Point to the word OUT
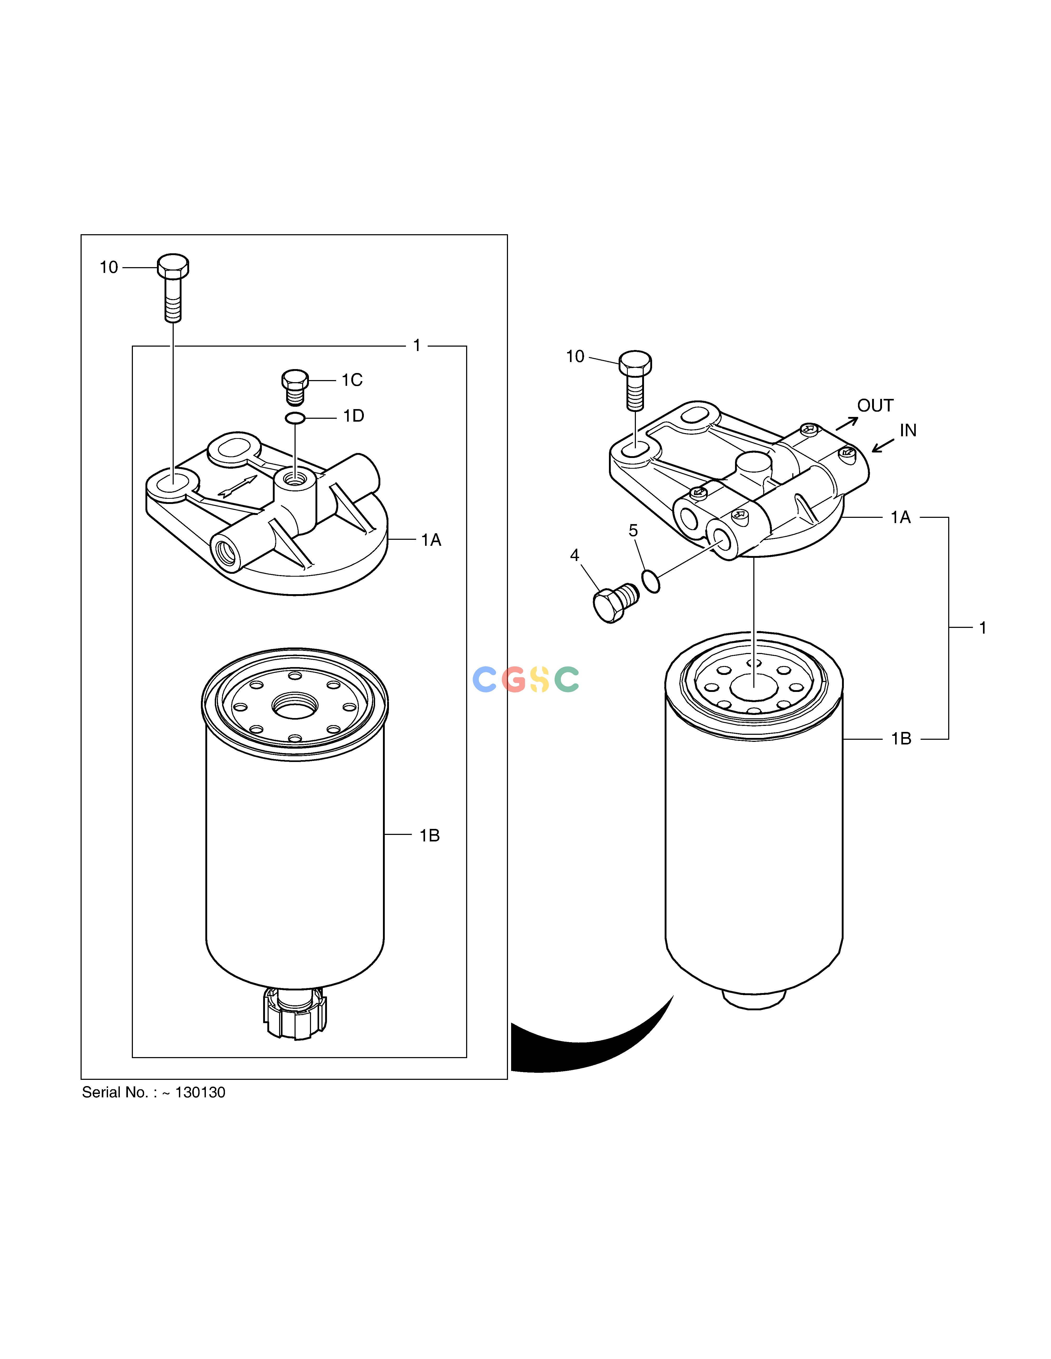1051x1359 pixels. pyautogui.click(x=875, y=406)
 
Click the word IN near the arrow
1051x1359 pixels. pyautogui.click(x=908, y=431)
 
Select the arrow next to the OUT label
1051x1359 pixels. pyautogui.click(x=847, y=423)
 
